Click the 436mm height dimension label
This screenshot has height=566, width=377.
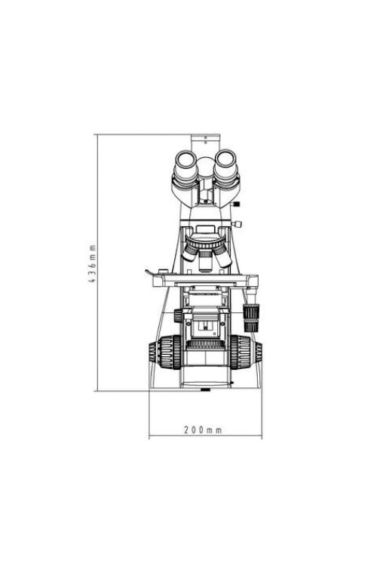(x=93, y=263)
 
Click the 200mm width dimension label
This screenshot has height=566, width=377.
(x=203, y=430)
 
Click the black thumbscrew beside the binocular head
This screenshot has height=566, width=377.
(x=236, y=205)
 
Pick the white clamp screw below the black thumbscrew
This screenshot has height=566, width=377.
(x=238, y=224)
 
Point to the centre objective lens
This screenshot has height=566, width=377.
(x=205, y=260)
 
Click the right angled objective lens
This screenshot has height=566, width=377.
(x=222, y=255)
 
